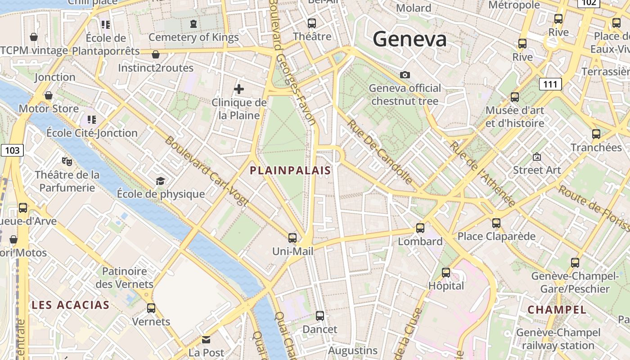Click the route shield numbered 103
click(12, 150)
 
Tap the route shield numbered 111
click(550, 84)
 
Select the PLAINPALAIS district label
click(290, 171)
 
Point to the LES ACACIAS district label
click(71, 305)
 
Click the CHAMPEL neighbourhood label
click(557, 310)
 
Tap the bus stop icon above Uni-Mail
click(292, 238)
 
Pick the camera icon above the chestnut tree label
click(405, 75)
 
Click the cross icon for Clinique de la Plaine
click(239, 89)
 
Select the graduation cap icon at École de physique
click(160, 181)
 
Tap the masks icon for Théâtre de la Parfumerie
click(67, 161)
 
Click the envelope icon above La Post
click(206, 339)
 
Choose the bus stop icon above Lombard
click(420, 228)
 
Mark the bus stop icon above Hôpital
click(446, 273)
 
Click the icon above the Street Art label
click(537, 157)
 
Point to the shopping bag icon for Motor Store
click(48, 95)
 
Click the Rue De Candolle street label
click(380, 153)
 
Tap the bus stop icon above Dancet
click(320, 316)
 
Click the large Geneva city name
click(409, 39)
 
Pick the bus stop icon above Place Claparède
click(496, 223)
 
